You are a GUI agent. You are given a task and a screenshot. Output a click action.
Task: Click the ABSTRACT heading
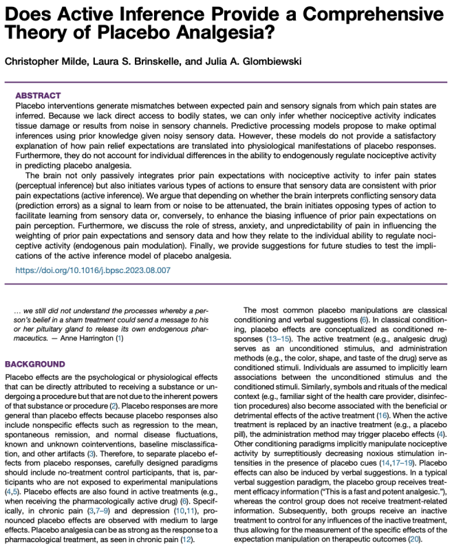[38, 96]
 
